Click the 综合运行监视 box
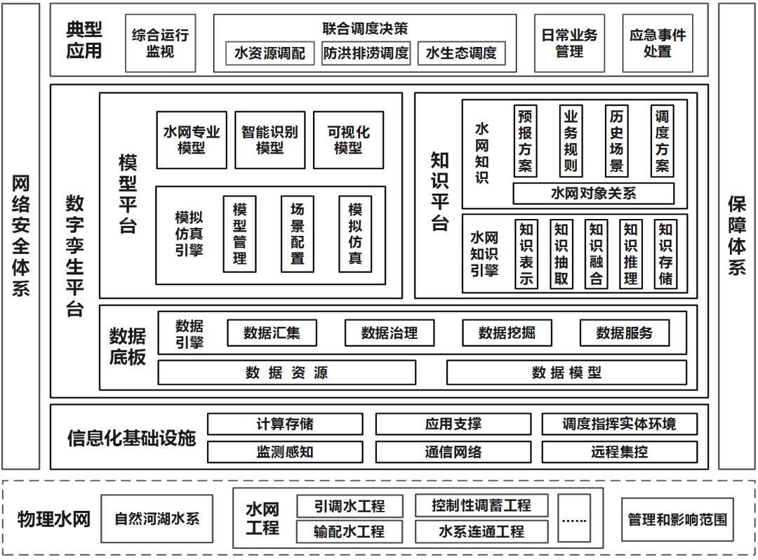click(160, 43)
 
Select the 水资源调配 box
click(270, 53)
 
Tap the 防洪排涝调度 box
click(366, 53)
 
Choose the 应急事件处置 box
click(657, 43)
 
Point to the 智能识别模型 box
click(270, 140)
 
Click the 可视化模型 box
click(348, 140)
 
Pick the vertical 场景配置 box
click(298, 234)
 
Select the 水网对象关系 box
click(593, 193)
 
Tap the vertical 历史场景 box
click(617, 141)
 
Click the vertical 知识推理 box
click(630, 254)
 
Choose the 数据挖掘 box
click(507, 333)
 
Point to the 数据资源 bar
click(286, 373)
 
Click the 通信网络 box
click(453, 452)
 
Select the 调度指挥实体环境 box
click(619, 424)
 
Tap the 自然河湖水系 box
click(157, 519)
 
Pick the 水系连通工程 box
click(481, 531)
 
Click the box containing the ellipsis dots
click(575, 519)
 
